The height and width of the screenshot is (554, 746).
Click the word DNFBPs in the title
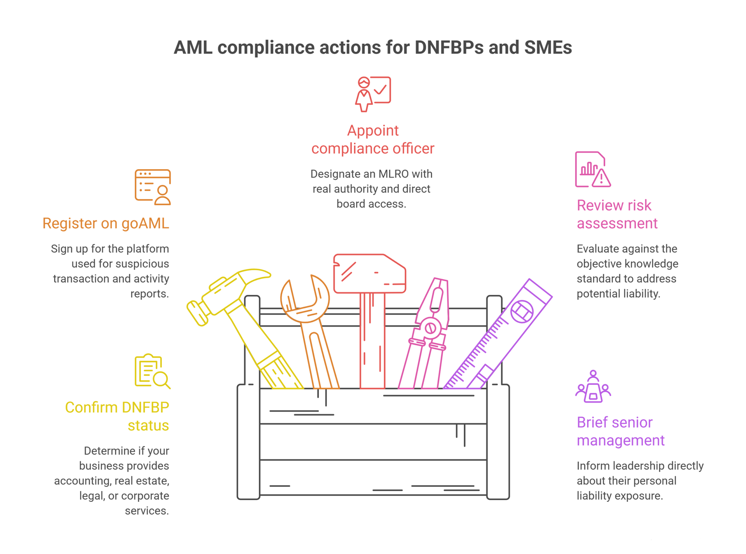[449, 48]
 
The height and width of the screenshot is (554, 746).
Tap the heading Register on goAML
[106, 224]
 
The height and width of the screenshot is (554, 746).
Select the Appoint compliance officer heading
[373, 139]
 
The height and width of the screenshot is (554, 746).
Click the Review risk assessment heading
[617, 214]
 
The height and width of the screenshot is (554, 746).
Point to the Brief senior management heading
[621, 431]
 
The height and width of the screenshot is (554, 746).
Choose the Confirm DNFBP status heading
[117, 417]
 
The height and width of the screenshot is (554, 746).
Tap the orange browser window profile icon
[153, 187]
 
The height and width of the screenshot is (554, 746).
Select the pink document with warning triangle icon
[593, 170]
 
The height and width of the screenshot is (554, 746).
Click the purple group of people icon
[593, 387]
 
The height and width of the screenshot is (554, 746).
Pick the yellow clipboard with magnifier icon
[153, 371]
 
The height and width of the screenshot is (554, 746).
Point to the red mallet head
[369, 274]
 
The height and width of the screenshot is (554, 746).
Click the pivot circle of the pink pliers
[430, 328]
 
